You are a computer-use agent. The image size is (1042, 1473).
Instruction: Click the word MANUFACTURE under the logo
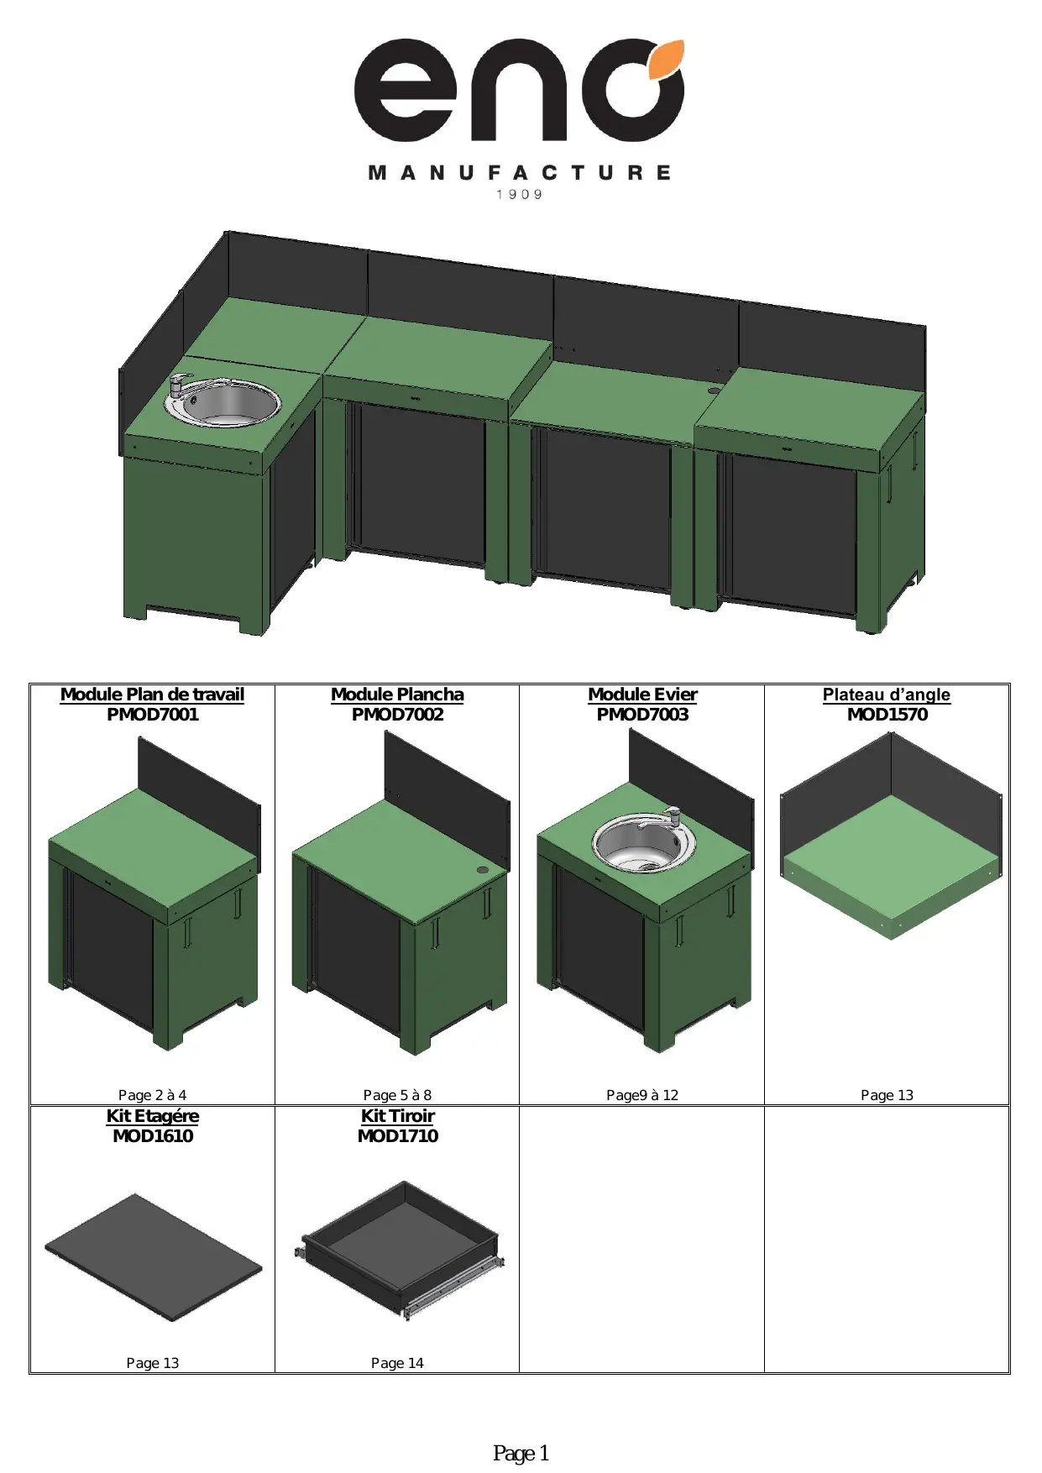[x=520, y=173]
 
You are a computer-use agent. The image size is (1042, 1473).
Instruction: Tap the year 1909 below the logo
[x=520, y=195]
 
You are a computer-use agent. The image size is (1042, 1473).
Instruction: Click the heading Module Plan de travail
[x=152, y=695]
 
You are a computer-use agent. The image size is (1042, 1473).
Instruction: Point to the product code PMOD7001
[x=152, y=715]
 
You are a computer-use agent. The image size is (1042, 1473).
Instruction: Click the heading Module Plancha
[x=397, y=695]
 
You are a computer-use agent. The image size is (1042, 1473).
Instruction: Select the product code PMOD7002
[x=397, y=715]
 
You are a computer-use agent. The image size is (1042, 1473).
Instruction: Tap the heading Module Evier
[x=642, y=695]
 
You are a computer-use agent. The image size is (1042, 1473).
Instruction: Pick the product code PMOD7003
[x=642, y=715]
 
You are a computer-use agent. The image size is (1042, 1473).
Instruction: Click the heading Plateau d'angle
[x=887, y=695]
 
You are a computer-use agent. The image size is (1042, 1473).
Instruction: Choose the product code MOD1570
[x=887, y=715]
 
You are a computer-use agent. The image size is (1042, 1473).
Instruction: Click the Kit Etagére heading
[x=153, y=1116]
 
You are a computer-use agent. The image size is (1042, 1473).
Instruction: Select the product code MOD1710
[x=398, y=1136]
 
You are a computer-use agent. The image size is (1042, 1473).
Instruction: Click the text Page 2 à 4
[x=152, y=1095]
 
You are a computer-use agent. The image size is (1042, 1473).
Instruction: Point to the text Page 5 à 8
[x=397, y=1095]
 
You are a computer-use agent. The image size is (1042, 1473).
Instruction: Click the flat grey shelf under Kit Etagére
[x=153, y=1257]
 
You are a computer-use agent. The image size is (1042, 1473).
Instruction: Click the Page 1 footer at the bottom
[x=521, y=1454]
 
